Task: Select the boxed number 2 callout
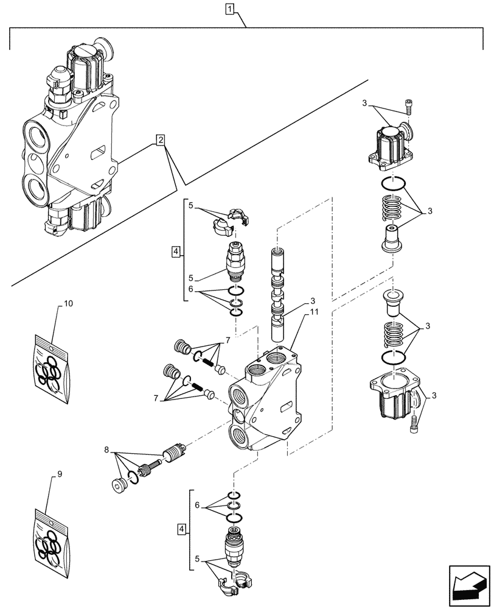click(160, 140)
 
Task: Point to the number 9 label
click(59, 473)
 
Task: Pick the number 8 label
click(108, 451)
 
